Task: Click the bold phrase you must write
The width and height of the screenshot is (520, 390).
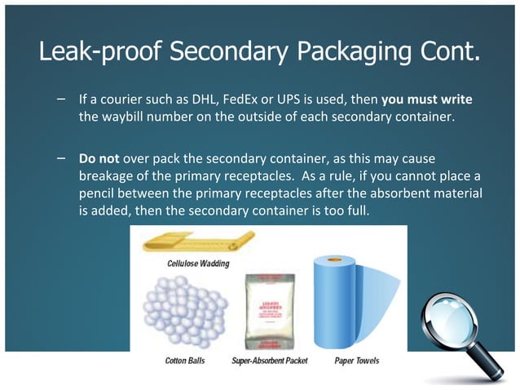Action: (426, 99)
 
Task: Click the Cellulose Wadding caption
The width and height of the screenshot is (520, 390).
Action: (199, 264)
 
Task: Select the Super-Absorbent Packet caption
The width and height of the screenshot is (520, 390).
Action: (270, 360)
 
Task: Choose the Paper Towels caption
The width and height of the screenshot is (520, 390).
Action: (357, 360)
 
